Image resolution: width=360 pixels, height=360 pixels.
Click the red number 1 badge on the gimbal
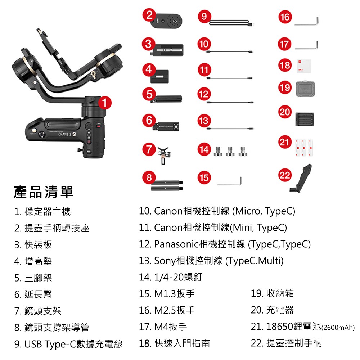pos(105,103)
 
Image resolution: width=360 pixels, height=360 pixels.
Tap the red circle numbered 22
pos(285,175)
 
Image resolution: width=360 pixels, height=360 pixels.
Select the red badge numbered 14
pos(204,149)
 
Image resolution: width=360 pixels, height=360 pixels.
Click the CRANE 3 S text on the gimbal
pos(67,134)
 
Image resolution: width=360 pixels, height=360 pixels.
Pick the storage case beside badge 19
pos(305,89)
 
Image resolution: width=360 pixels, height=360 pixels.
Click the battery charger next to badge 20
pos(305,119)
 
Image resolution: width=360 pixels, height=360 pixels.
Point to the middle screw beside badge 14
pos(230,151)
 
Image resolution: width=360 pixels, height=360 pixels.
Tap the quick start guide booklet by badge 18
pos(304,66)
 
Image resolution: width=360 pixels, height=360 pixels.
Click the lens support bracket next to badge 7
pos(163,155)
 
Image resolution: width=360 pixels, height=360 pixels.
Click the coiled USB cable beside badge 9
pos(230,22)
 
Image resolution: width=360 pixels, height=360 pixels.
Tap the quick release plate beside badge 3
pos(167,50)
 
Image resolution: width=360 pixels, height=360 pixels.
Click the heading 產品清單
pos(44,192)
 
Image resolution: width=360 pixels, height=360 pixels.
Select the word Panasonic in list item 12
pos(176,244)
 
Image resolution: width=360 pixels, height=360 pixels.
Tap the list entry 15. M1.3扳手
pos(167,294)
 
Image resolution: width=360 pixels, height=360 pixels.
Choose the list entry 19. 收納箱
pos(272,293)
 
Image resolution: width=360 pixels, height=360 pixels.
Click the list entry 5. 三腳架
pos(33,278)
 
